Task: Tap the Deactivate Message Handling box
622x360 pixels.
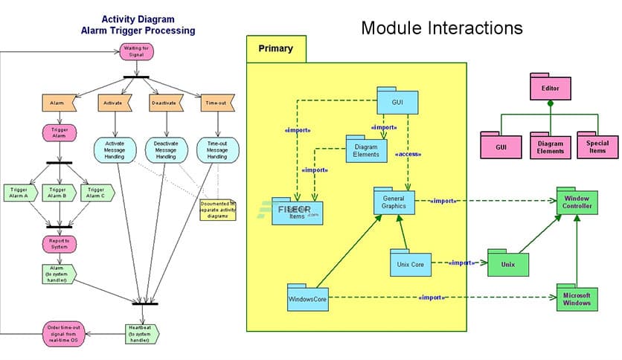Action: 165,151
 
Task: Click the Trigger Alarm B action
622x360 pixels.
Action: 57,193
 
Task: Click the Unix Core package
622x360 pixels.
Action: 411,263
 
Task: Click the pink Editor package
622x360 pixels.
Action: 551,89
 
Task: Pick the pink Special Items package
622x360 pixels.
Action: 597,145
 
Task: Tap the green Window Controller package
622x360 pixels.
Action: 578,203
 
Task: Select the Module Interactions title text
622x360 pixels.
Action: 441,28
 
